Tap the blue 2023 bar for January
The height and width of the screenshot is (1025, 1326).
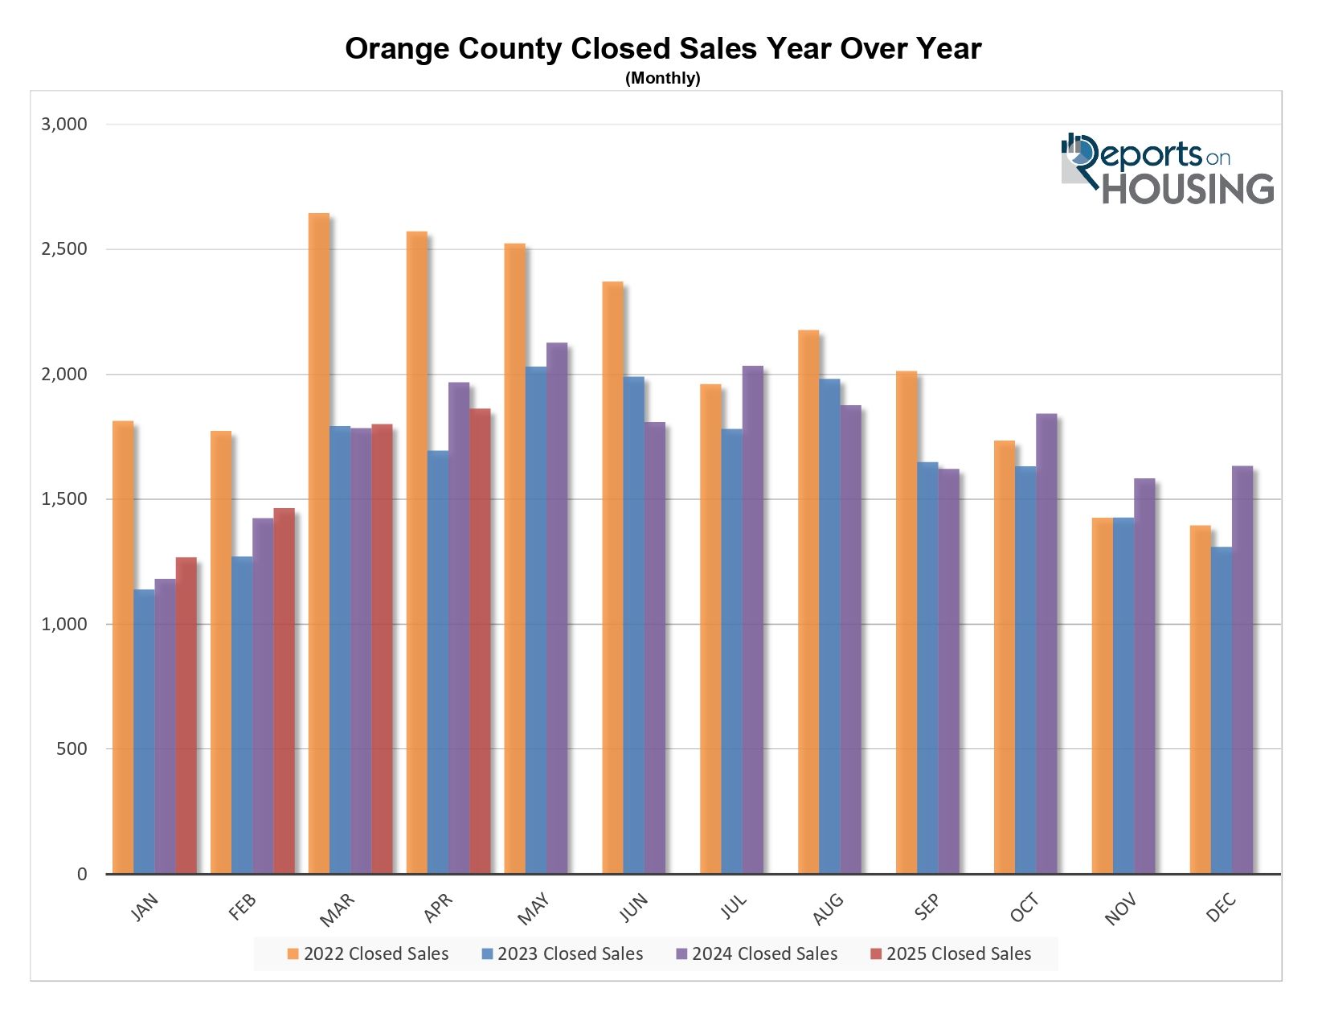(x=144, y=732)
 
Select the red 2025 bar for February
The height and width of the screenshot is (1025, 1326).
(x=284, y=691)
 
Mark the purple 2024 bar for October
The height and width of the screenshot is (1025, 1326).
(x=1046, y=643)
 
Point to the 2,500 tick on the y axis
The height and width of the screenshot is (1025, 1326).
(x=63, y=249)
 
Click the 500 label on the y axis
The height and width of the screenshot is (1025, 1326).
(x=72, y=749)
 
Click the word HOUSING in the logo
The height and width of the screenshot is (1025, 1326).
(x=1188, y=189)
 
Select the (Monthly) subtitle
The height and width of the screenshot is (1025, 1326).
(x=663, y=78)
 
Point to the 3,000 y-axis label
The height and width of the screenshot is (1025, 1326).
(x=63, y=125)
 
